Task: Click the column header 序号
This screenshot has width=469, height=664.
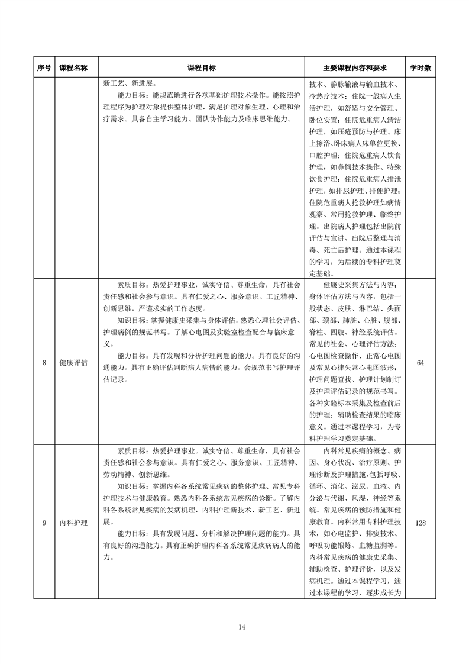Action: coord(44,68)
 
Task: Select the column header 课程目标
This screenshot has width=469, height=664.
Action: coord(201,68)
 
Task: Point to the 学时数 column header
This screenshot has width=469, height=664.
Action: coord(420,68)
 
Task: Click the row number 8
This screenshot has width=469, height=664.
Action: coord(44,363)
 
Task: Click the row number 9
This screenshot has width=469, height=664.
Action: coord(44,523)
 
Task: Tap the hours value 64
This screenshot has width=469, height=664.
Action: coord(420,363)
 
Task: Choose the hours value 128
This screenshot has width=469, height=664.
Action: coord(420,523)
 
